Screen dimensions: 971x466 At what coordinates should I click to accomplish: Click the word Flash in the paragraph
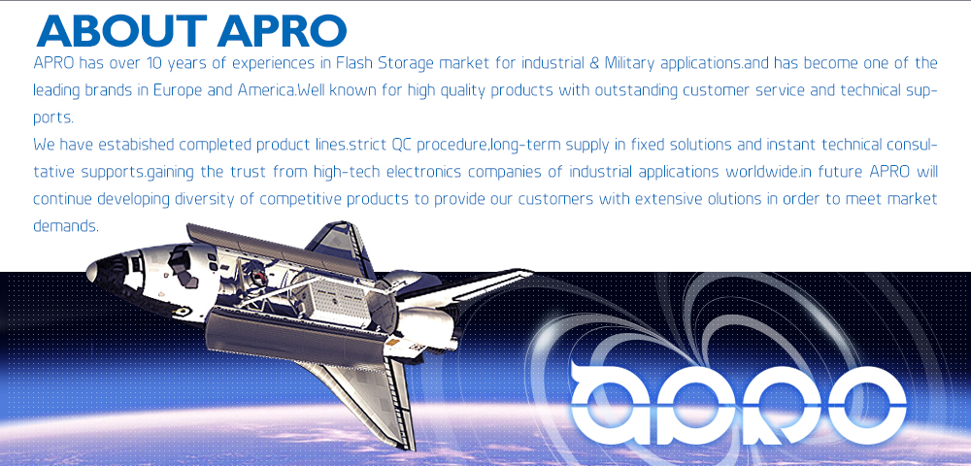click(x=352, y=63)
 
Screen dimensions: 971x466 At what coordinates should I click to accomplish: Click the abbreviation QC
click(x=401, y=146)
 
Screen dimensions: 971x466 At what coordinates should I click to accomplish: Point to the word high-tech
click(x=347, y=172)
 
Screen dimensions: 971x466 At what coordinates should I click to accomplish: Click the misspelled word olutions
click(x=722, y=199)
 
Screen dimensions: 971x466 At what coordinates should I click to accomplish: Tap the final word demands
click(x=66, y=226)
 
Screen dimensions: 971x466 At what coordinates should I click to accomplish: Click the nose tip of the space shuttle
click(x=88, y=271)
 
